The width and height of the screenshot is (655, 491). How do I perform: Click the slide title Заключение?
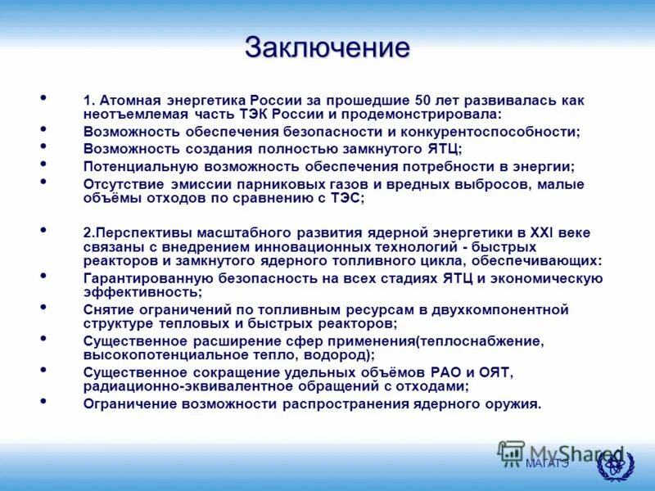327,47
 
